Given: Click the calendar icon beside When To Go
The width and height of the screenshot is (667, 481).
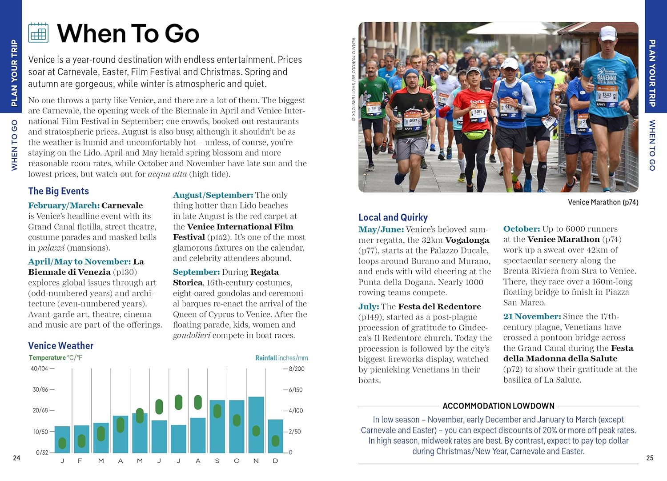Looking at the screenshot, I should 38,33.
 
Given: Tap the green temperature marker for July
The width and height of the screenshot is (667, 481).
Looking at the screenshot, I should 178,402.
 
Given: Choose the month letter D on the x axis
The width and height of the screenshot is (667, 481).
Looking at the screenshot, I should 275,461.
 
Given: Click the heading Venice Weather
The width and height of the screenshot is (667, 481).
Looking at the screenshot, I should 60,345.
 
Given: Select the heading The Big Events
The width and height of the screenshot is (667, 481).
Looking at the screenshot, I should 58,191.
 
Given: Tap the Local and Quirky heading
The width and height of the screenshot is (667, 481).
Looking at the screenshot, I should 393,217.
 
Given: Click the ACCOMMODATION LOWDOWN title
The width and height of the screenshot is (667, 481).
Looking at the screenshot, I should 498,406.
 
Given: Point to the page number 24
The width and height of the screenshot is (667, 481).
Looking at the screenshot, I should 16,458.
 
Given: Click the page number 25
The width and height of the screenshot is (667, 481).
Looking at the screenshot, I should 650,458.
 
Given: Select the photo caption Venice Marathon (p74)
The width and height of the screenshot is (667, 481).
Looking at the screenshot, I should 603,202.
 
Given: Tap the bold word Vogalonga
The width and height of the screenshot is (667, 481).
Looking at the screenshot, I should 467,240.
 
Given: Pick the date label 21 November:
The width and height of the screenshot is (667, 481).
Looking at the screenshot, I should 532,317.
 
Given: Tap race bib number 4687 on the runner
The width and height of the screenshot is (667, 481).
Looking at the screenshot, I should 413,121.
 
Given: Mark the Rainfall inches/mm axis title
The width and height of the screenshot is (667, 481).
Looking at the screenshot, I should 281,358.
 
